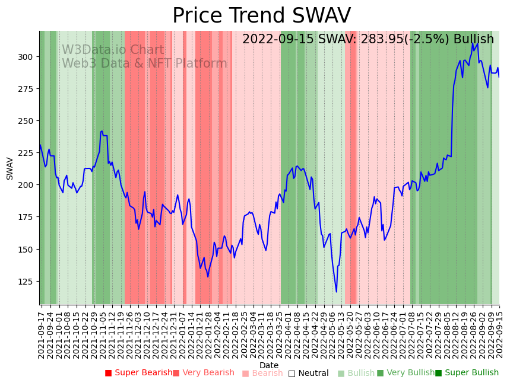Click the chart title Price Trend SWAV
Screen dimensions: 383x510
[x=261, y=16]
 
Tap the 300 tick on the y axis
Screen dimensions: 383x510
[x=28, y=57]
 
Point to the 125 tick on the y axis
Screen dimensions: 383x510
[x=28, y=282]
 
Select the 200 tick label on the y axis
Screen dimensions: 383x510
[x=28, y=185]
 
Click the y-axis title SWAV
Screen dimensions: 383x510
[x=10, y=168]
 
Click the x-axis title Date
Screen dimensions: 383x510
[x=269, y=366]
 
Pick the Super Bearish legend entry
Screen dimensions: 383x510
[x=138, y=373]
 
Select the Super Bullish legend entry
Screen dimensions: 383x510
[x=467, y=373]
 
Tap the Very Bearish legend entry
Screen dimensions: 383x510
[x=204, y=373]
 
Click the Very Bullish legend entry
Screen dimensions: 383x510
[x=406, y=373]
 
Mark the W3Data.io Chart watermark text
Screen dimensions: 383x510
[x=113, y=50]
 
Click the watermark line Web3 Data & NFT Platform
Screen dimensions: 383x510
[x=144, y=64]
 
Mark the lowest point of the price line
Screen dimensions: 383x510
[x=336, y=292]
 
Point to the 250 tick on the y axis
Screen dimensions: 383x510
[x=28, y=121]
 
